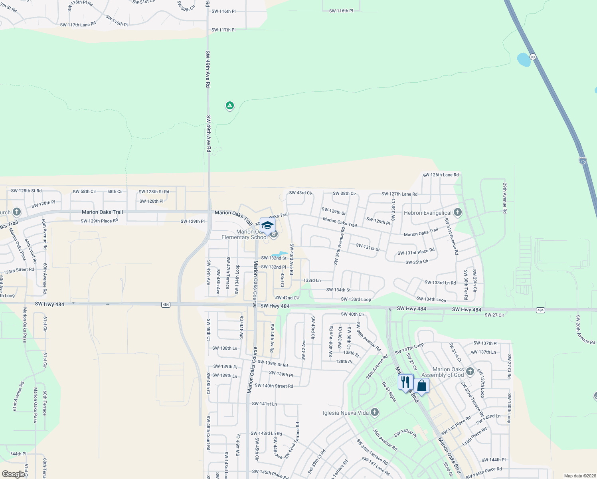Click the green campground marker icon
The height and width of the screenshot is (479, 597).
pyautogui.click(x=229, y=106)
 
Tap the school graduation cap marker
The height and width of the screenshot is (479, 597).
pyautogui.click(x=267, y=225)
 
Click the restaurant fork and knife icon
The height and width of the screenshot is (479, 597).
pyautogui.click(x=405, y=382)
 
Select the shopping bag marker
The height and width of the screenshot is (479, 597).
pyautogui.click(x=421, y=386)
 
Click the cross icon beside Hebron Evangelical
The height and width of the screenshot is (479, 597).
pyautogui.click(x=458, y=212)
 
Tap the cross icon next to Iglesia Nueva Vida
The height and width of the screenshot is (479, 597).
pyautogui.click(x=374, y=412)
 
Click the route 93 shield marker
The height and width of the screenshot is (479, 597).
pyautogui.click(x=533, y=57)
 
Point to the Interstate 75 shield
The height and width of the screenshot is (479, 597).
pyautogui.click(x=583, y=160)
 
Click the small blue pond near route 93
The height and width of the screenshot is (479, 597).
pyautogui.click(x=523, y=60)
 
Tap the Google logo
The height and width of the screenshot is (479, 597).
pyautogui.click(x=13, y=474)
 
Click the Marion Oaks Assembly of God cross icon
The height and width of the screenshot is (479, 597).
pyautogui.click(x=470, y=372)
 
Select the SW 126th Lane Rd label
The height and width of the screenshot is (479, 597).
pyautogui.click(x=441, y=175)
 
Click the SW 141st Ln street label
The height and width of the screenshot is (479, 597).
pyautogui.click(x=264, y=404)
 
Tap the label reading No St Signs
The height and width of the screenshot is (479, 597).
pyautogui.click(x=389, y=392)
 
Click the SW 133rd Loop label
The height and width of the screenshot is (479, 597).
pyautogui.click(x=356, y=299)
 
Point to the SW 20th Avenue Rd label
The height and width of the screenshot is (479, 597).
pyautogui.click(x=585, y=330)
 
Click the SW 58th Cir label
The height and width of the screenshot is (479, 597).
pyautogui.click(x=84, y=192)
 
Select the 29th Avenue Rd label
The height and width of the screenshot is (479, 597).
pyautogui.click(x=505, y=198)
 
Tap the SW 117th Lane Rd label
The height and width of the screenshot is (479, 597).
pyautogui.click(x=78, y=25)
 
